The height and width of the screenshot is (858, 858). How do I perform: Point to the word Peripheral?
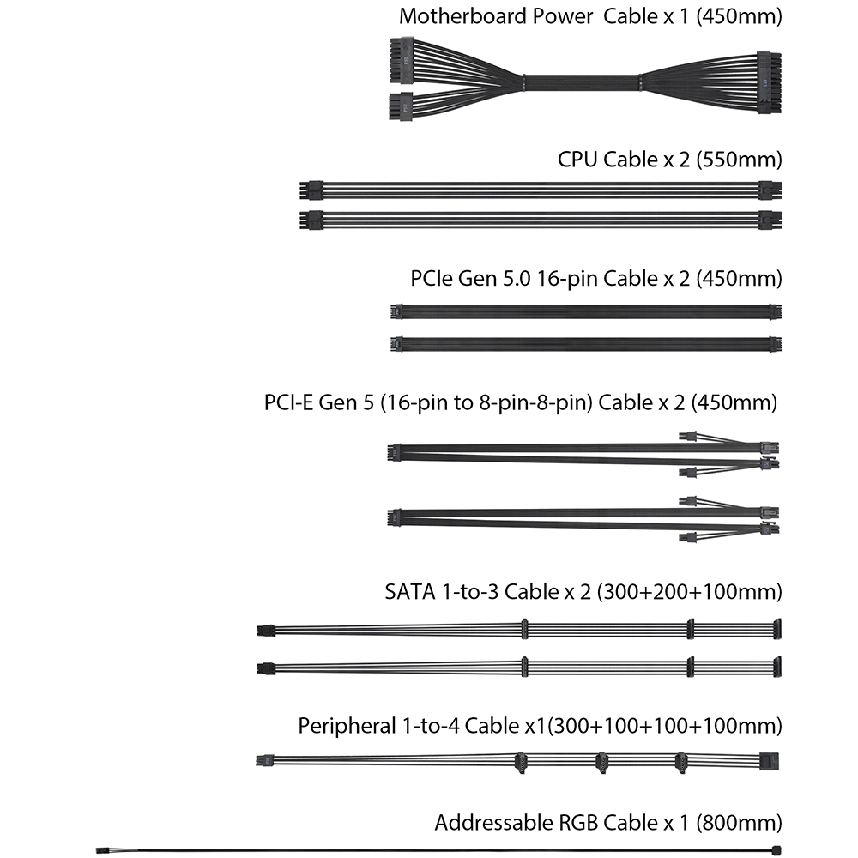click(346, 726)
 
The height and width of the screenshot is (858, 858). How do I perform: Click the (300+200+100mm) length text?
click(689, 592)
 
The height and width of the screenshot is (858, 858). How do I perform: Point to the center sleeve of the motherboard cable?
click(584, 83)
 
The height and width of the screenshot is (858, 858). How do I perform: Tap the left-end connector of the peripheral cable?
click(265, 760)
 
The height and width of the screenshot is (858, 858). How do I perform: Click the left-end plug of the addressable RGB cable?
click(102, 849)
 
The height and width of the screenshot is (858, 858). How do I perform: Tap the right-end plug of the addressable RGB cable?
click(776, 849)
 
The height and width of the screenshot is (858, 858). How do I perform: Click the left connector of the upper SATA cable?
click(264, 631)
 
